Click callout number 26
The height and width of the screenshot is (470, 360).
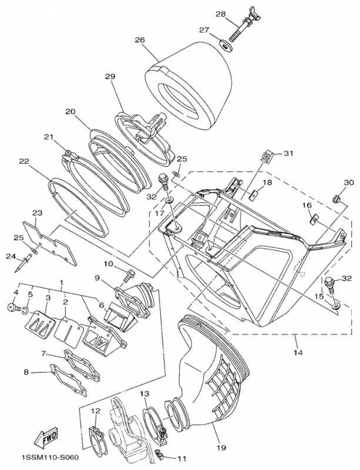(139, 41)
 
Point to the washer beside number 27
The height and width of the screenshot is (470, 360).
(224, 45)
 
